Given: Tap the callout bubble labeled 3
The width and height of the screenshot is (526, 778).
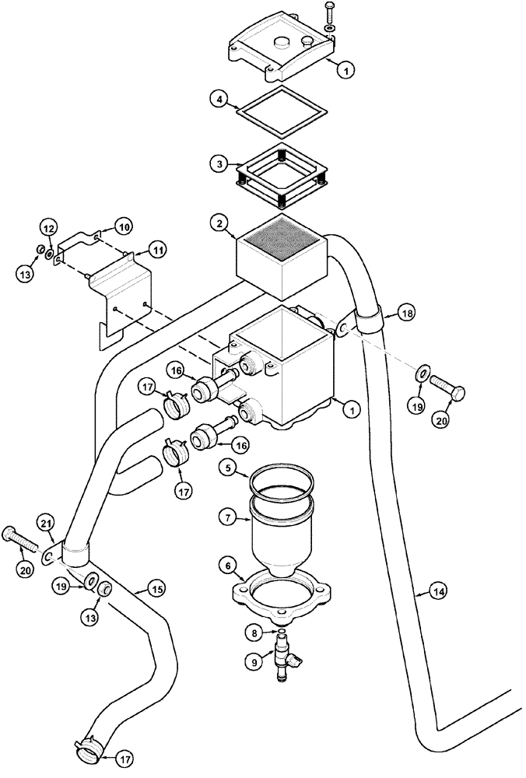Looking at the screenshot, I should (x=222, y=164).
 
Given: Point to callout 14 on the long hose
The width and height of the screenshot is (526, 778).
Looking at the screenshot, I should (x=440, y=592).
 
